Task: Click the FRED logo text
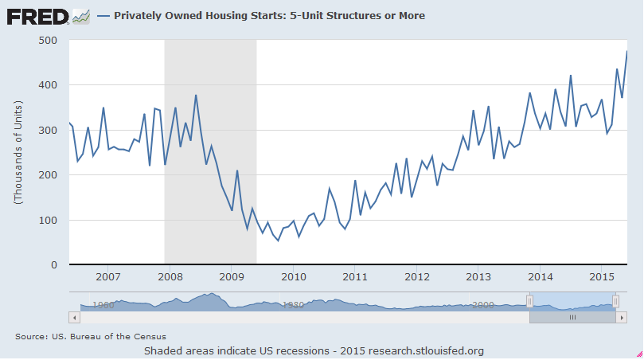pyautogui.click(x=37, y=16)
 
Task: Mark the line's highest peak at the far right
pyautogui.click(x=626, y=52)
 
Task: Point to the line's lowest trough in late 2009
pyautogui.click(x=279, y=241)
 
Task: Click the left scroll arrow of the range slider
pyautogui.click(x=76, y=316)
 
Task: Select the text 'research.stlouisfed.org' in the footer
pyautogui.click(x=423, y=350)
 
